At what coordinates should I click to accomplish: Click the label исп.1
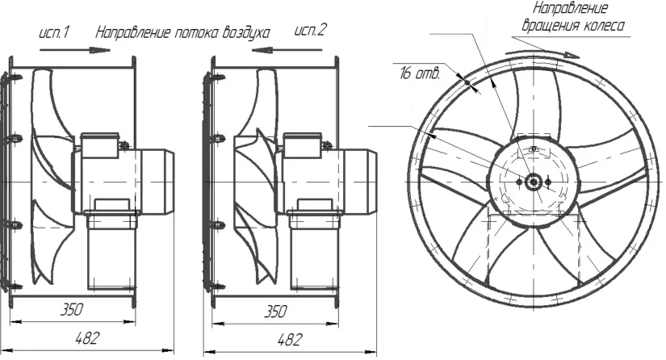pos(54,32)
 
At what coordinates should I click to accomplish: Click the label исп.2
pos(311,30)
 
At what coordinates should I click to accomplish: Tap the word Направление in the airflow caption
pos(133,33)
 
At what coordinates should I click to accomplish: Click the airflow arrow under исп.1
pos(75,50)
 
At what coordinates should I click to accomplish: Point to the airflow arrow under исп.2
pos(287,50)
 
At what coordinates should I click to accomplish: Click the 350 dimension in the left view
pos(71,309)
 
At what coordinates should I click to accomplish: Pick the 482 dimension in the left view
pos(87,338)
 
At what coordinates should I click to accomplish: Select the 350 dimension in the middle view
pos(275,312)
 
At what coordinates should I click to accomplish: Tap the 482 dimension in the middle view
pos(291,340)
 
